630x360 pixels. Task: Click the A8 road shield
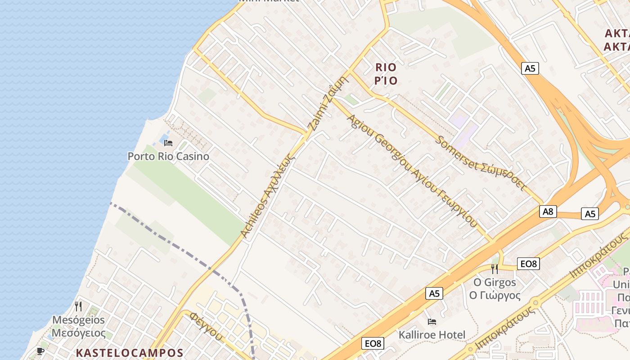[548, 211]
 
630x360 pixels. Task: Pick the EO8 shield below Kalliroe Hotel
[373, 344]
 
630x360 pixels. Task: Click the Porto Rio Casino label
[168, 157]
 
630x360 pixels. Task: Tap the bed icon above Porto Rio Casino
[168, 143]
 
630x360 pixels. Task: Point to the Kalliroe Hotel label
[432, 335]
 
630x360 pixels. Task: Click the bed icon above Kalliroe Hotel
[432, 322]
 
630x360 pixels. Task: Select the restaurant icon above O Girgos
[495, 269]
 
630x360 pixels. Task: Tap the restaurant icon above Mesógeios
[78, 306]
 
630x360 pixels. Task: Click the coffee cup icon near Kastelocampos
[40, 351]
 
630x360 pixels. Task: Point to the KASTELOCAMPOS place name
[130, 353]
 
